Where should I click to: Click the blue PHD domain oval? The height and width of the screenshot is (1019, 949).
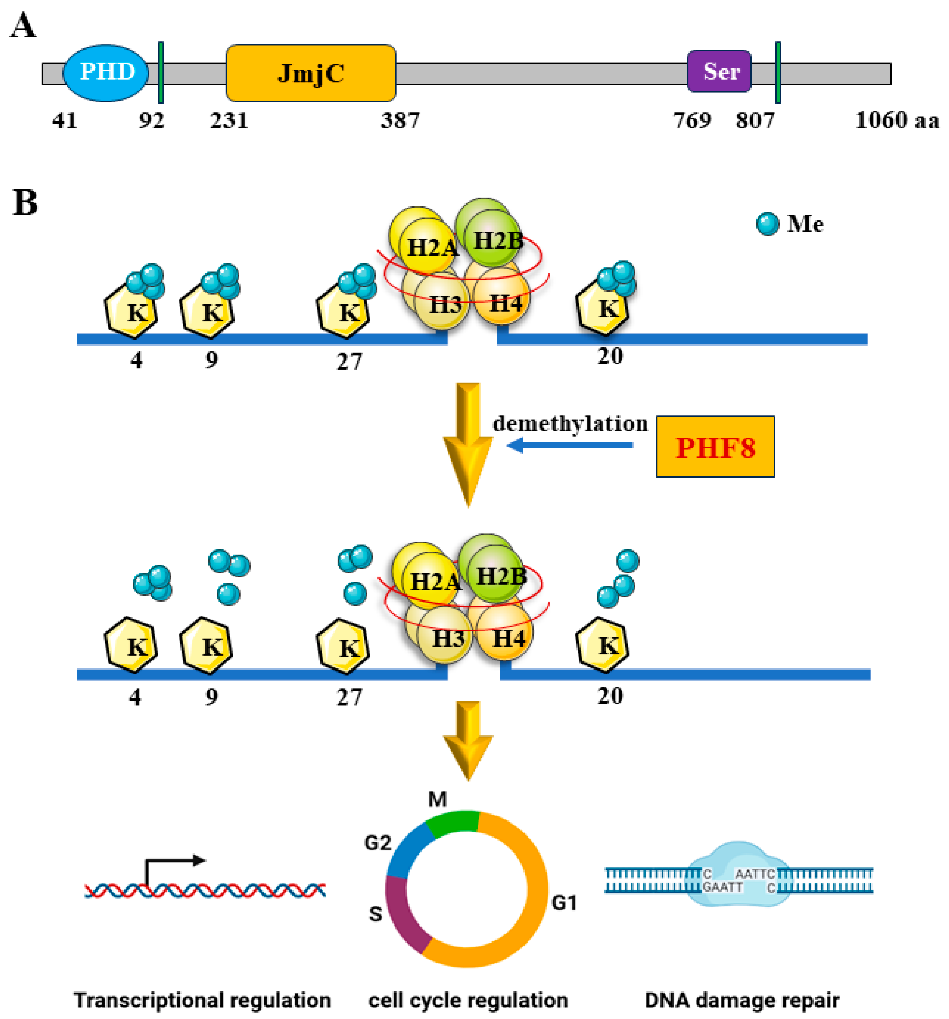click(105, 73)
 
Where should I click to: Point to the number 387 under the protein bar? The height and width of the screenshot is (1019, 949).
click(399, 121)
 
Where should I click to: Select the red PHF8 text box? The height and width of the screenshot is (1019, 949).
click(715, 447)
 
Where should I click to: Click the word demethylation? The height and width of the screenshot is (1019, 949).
click(570, 423)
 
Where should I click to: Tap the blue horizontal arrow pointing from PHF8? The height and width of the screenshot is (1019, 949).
click(569, 445)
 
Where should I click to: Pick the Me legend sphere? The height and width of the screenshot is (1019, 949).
click(767, 224)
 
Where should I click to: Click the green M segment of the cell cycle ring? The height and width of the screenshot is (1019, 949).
click(453, 824)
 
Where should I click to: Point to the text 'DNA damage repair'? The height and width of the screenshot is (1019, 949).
click(741, 999)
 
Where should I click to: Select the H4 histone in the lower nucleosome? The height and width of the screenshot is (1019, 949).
click(508, 639)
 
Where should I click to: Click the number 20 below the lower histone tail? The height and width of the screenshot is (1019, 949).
click(610, 696)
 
